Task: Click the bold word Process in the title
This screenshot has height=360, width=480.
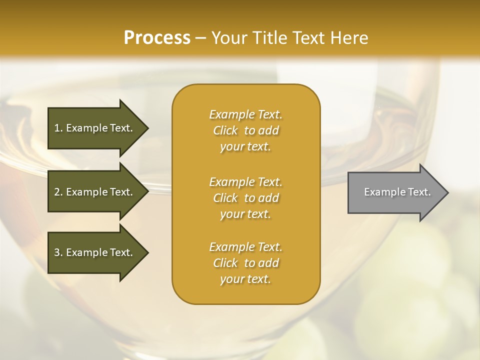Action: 157,38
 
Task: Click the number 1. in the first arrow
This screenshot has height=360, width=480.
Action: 58,128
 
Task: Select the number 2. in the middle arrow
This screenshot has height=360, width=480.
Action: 58,192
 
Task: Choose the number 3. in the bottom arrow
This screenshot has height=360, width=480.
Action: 58,252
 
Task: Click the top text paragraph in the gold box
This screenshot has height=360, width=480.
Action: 245,130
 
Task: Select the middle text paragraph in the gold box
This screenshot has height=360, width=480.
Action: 245,198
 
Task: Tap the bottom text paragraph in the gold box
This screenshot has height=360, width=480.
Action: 245,263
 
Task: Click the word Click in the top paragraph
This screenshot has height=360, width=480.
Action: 225,131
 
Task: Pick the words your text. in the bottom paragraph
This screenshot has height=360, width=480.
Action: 245,279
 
